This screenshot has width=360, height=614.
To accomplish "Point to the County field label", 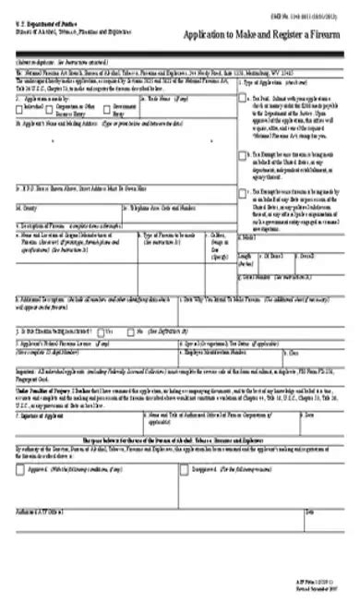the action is click(x=27, y=208).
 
